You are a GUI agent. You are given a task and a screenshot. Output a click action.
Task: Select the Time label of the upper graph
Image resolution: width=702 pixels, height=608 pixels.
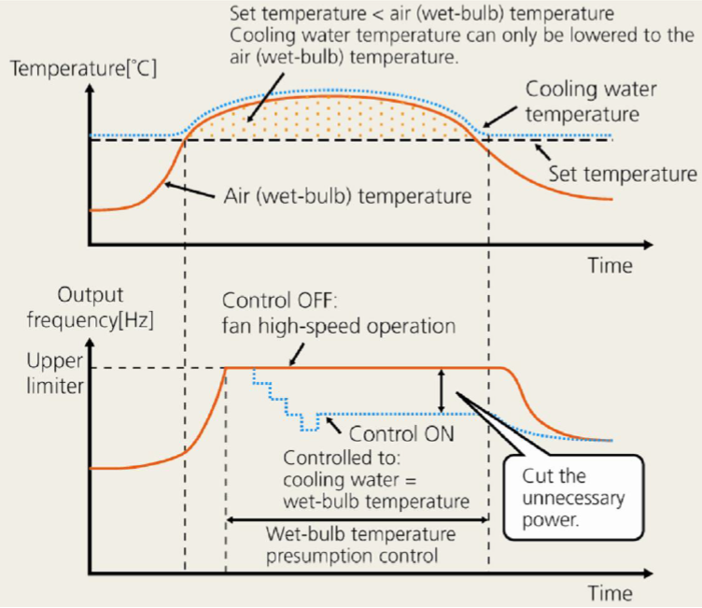pos(610,265)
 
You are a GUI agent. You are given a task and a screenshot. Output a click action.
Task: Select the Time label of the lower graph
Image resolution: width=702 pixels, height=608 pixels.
pos(610,593)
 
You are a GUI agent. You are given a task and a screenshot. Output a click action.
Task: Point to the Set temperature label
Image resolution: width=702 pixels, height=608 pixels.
pos(623,174)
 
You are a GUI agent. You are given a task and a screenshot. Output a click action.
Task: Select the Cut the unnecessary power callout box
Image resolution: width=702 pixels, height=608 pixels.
pos(570,496)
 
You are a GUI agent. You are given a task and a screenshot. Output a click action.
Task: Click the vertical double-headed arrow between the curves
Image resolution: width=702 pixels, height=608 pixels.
pos(442,390)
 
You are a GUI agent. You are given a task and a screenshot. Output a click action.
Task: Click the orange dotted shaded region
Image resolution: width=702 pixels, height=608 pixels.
pos(336,117)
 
